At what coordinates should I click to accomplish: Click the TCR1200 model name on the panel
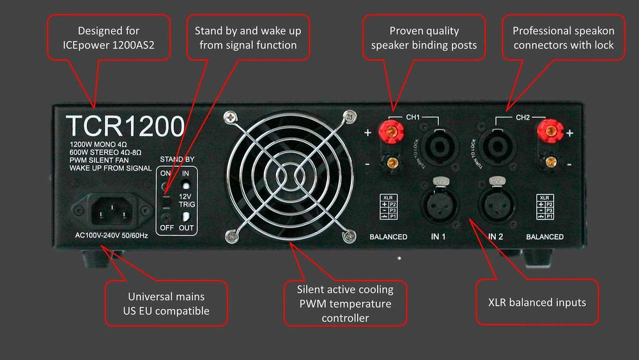[125, 126]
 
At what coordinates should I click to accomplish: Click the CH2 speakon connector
[496, 145]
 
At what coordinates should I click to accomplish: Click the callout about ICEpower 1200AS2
[108, 38]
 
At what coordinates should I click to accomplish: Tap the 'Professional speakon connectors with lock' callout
[563, 38]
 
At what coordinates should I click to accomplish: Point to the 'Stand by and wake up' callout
[248, 38]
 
